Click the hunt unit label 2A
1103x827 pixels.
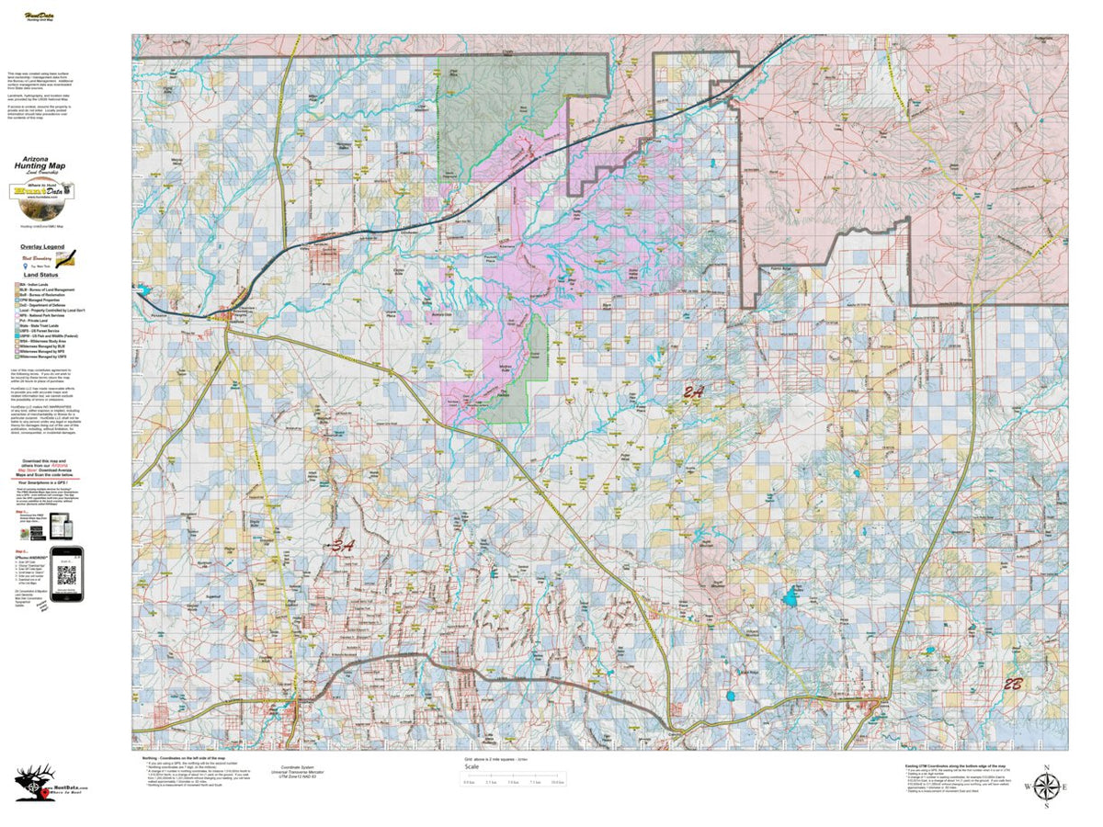694,392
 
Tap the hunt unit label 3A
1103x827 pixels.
343,545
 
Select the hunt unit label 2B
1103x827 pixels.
1013,684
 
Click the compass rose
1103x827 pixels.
1046,787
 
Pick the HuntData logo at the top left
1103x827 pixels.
38,15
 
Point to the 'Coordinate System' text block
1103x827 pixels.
303,773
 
